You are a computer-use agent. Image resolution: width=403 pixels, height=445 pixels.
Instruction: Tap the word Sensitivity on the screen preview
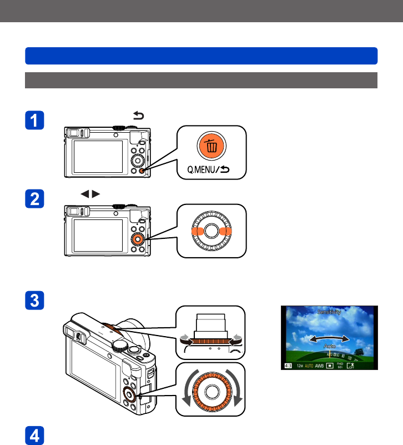pos(329,312)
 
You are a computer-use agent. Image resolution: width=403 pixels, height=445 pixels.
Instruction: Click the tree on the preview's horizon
pos(359,351)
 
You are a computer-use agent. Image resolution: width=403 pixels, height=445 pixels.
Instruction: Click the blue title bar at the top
pos(201,56)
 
